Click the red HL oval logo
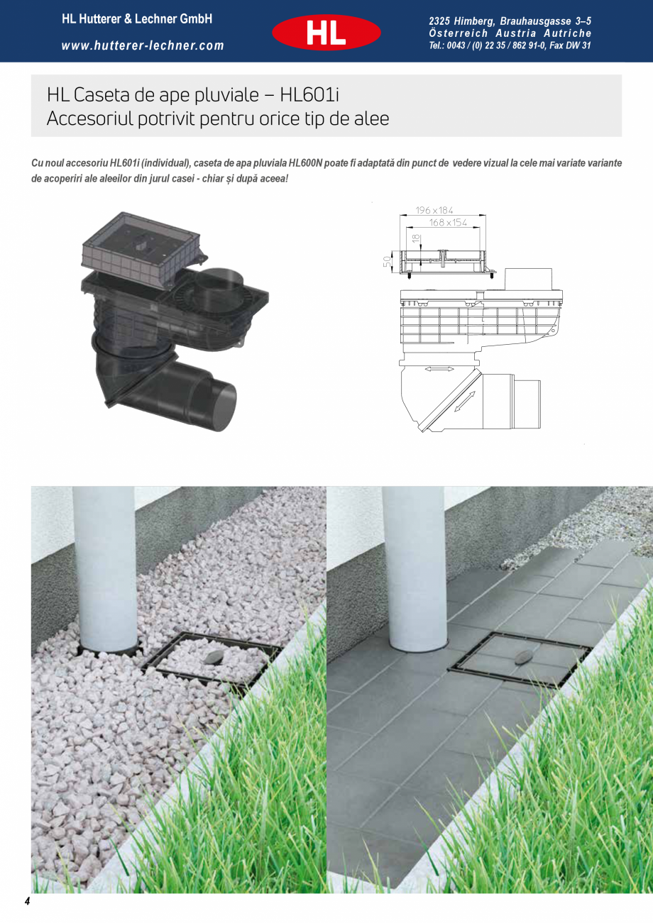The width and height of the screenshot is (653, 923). click(326, 33)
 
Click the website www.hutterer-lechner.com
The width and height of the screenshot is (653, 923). click(143, 46)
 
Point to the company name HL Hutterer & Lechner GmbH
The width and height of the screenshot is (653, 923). click(137, 20)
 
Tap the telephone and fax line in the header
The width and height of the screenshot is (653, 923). click(510, 46)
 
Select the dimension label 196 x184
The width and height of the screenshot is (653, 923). click(434, 211)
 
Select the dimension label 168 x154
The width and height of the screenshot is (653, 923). click(448, 223)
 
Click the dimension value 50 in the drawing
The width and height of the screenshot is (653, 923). click(388, 260)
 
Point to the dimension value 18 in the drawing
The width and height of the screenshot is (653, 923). click(416, 239)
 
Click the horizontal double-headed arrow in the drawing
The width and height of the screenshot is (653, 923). click(440, 370)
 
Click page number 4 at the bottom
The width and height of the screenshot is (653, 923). click(28, 902)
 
